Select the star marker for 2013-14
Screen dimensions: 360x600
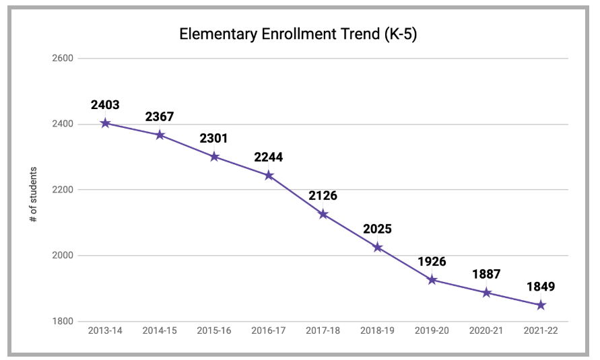(106, 123)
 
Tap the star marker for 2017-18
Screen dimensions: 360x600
(323, 214)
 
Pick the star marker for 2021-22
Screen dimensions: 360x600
(541, 305)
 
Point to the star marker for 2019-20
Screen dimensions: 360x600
(432, 279)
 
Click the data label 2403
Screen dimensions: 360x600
(106, 105)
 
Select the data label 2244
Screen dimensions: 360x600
(269, 157)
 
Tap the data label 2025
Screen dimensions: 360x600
(378, 229)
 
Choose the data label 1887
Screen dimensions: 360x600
(486, 275)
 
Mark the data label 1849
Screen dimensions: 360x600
(541, 287)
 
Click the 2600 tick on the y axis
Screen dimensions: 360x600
(63, 59)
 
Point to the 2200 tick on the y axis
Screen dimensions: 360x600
(63, 190)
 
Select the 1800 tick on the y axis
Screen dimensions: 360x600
(63, 322)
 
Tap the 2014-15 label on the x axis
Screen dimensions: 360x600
(160, 330)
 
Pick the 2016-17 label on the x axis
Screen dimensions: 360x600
(269, 330)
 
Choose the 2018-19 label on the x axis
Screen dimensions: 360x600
(378, 330)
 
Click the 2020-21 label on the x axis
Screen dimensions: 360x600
(486, 330)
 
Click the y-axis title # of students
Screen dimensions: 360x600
(34, 195)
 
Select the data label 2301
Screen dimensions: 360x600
(214, 139)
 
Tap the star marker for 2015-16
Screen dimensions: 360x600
(214, 157)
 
